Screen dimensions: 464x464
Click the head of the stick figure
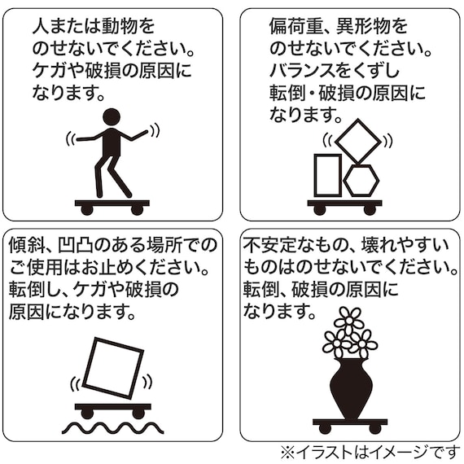(x=112, y=117)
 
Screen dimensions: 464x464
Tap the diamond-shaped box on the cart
(x=357, y=140)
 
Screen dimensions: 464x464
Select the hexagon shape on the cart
(x=361, y=180)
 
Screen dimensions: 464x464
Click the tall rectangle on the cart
(x=327, y=175)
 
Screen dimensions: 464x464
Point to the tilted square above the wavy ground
(x=113, y=367)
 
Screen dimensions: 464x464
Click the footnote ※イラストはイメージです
(x=370, y=450)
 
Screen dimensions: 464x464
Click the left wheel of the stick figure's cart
(x=87, y=210)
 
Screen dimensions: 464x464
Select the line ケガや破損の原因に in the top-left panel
(x=112, y=72)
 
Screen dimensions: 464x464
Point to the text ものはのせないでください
(x=350, y=267)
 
